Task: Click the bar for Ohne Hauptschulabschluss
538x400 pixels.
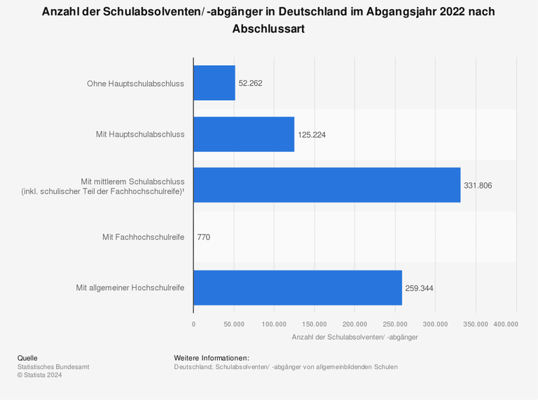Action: [214, 83]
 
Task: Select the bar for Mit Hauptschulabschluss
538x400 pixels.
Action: [244, 134]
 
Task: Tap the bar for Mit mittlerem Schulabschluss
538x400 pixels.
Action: [326, 185]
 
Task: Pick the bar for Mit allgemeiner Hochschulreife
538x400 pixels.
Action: [298, 287]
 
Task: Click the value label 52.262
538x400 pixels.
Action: [250, 83]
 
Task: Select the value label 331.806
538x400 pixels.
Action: [478, 186]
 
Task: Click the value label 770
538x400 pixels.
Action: [204, 237]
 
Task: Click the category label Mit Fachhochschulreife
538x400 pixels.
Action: [143, 237]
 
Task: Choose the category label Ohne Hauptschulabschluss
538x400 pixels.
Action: [135, 83]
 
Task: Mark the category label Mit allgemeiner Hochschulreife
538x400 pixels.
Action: [130, 288]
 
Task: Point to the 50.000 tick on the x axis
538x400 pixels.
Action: [234, 324]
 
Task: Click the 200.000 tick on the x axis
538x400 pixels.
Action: [355, 324]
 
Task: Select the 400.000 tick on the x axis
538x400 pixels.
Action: [506, 324]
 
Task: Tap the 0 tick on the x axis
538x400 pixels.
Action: [194, 324]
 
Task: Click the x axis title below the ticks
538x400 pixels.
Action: [354, 338]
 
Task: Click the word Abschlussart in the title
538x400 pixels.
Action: [268, 29]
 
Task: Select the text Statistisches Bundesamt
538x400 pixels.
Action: [53, 366]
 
